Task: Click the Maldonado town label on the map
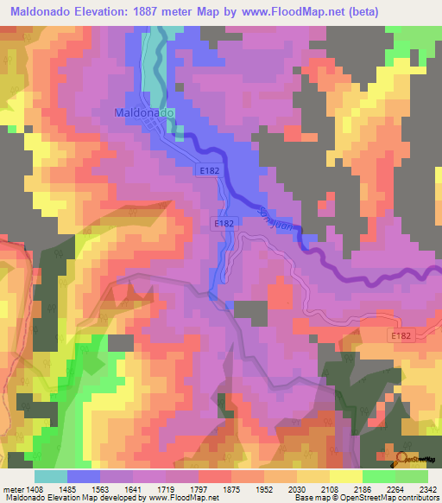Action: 144,113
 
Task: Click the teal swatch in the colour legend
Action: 50,476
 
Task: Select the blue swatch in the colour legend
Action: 85,476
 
